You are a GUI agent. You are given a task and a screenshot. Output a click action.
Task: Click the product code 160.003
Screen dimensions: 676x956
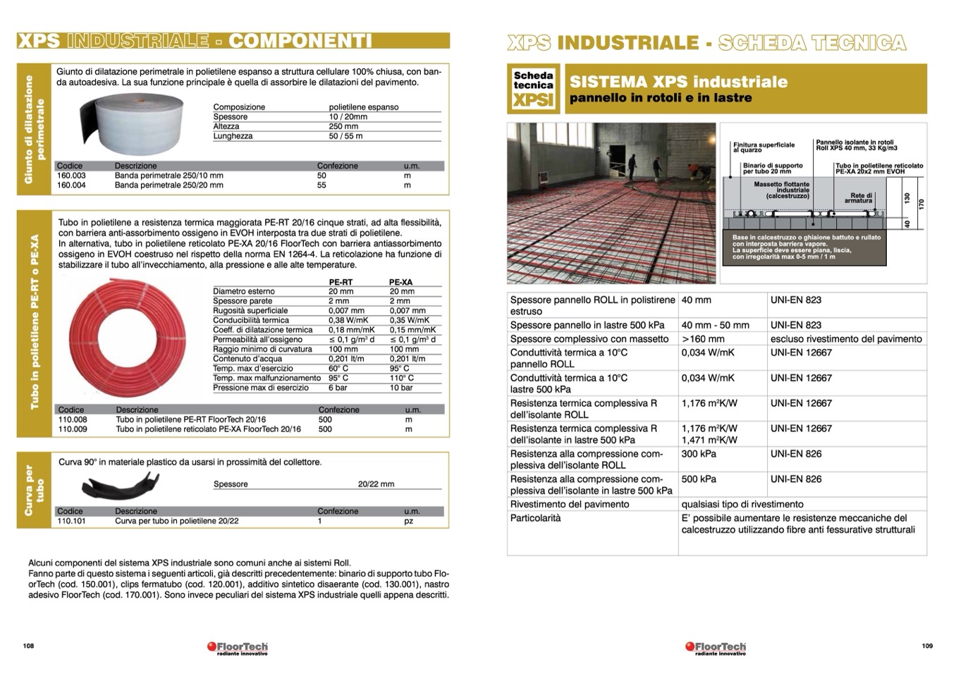(x=71, y=176)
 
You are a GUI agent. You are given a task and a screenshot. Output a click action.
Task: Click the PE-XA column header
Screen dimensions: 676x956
(x=401, y=282)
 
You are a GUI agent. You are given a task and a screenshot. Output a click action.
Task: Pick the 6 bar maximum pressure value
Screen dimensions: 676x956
(x=338, y=388)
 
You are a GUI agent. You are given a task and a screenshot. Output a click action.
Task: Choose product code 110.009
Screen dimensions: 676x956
(x=73, y=429)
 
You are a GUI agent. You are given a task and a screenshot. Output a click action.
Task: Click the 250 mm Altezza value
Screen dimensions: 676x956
(x=343, y=126)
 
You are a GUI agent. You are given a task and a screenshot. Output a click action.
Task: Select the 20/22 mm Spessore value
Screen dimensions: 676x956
(x=376, y=484)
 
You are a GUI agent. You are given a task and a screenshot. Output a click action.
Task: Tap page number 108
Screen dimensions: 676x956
(x=29, y=646)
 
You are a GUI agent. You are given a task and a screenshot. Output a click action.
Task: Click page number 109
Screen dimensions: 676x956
(x=926, y=646)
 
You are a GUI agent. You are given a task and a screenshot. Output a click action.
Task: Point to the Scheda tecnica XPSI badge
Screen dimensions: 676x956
(x=533, y=89)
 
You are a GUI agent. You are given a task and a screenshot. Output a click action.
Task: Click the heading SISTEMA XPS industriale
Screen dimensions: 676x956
(x=678, y=82)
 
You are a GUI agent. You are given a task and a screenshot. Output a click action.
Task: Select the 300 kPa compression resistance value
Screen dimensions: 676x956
(x=698, y=454)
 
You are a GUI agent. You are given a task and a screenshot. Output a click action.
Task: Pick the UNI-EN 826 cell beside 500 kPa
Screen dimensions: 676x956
(x=796, y=479)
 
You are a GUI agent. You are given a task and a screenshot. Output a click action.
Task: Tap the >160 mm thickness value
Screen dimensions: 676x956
(x=703, y=339)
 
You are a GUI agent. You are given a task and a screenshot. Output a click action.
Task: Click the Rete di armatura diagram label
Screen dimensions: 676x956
(x=861, y=198)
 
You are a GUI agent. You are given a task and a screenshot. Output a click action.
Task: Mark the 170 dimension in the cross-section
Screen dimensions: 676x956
(x=921, y=204)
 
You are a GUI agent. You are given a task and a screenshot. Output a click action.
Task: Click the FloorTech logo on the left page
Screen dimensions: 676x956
(x=238, y=647)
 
